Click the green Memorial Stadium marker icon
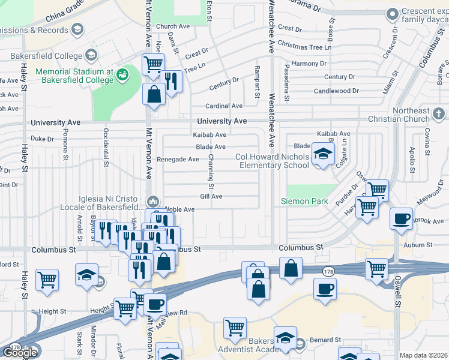122,74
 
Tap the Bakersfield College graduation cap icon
91,56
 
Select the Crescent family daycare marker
393,13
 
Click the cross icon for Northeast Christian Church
439,113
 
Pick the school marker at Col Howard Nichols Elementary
323,154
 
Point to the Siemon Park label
304,201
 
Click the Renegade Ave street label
178,160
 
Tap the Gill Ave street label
211,196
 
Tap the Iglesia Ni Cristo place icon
153,200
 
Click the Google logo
20,352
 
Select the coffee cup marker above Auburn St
400,220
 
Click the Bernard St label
325,340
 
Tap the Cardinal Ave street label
224,106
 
